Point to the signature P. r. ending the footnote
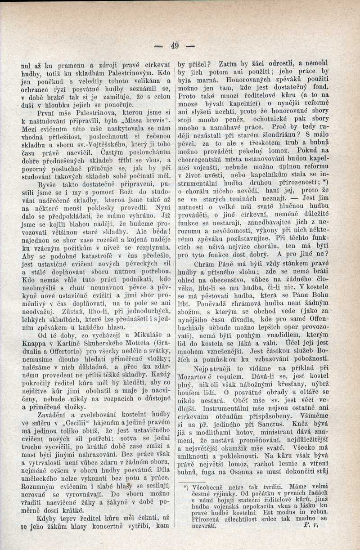310,525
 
